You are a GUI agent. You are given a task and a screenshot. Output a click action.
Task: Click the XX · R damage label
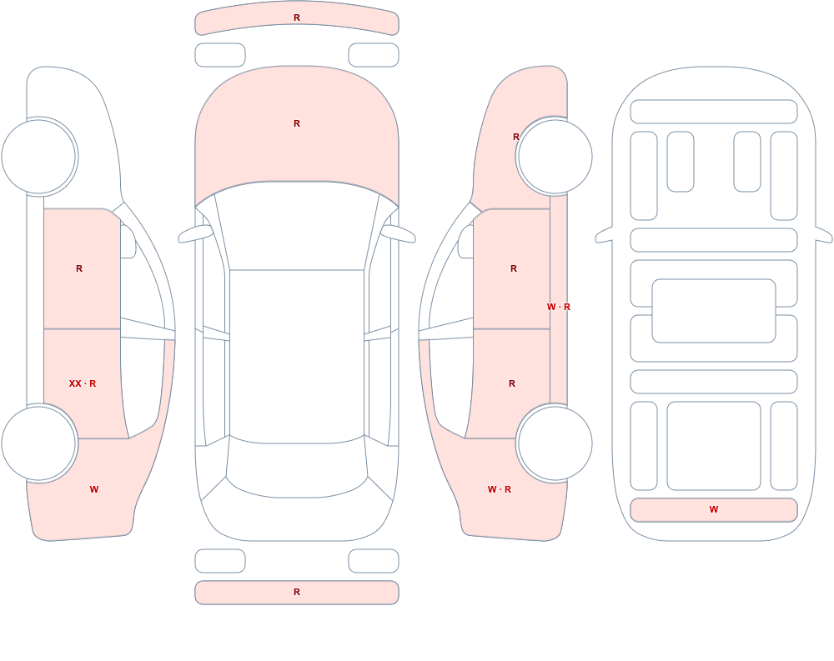click(83, 383)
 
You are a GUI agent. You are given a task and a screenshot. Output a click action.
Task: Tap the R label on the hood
click(297, 123)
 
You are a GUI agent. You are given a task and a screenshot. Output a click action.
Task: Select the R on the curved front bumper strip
click(297, 18)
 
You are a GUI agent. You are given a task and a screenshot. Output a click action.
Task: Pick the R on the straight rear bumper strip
click(297, 592)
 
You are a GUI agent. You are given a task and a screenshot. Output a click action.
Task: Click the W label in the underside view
click(714, 509)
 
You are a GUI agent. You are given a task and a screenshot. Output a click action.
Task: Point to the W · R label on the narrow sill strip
click(559, 307)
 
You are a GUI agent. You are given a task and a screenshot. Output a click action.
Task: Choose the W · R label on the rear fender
click(500, 489)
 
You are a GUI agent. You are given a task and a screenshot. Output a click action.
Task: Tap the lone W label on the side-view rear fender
click(94, 489)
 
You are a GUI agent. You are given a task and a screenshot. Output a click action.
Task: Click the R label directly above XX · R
click(79, 268)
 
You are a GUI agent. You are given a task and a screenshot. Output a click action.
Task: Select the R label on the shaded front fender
click(516, 137)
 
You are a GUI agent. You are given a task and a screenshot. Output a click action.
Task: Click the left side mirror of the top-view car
click(195, 234)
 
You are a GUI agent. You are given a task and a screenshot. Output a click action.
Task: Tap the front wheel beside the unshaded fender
click(39, 157)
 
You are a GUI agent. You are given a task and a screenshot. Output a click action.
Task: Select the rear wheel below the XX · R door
click(39, 443)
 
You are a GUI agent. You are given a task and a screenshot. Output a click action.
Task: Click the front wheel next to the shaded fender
click(555, 157)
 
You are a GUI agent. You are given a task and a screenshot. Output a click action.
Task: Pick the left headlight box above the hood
click(220, 55)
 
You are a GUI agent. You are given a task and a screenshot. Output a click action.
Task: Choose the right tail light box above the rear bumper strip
click(374, 560)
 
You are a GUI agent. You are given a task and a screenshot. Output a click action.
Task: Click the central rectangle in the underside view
click(714, 311)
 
